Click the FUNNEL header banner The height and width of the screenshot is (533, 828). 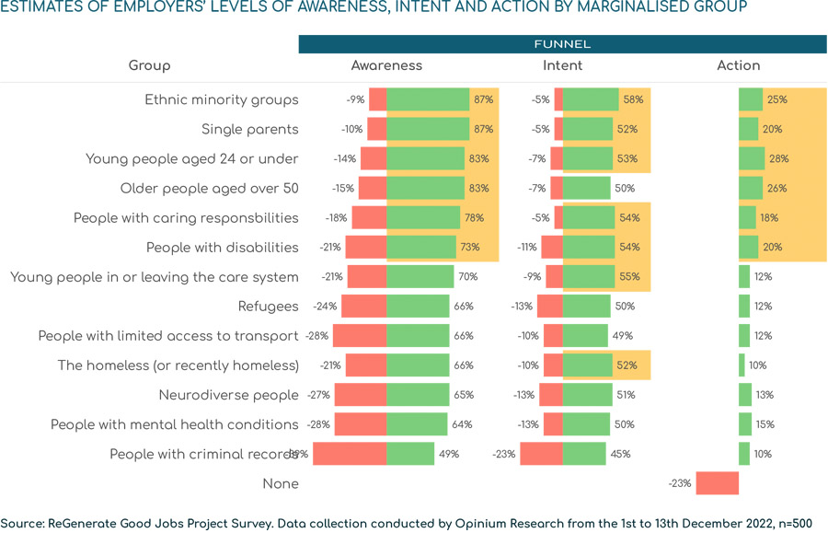tap(562, 44)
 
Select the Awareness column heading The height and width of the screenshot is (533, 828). tap(386, 65)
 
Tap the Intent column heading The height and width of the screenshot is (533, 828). tap(562, 65)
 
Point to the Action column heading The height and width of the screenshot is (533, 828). tap(739, 65)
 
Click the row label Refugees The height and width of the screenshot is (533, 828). tap(269, 307)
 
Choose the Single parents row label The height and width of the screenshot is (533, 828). tap(250, 130)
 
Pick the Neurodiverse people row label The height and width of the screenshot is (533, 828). tap(229, 395)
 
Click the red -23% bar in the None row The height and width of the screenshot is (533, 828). tap(717, 483)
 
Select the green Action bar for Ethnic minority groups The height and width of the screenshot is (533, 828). tap(751, 100)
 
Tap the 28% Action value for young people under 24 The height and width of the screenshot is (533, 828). tap(778, 159)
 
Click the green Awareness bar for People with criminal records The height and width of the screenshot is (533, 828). tap(410, 454)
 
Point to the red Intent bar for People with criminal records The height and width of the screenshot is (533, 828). tap(541, 454)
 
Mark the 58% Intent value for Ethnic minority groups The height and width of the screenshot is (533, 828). tap(633, 100)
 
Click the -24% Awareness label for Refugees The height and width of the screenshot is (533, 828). tap(325, 307)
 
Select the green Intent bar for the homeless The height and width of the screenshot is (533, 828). tap(587, 365)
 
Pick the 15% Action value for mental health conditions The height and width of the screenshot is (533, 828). tap(765, 424)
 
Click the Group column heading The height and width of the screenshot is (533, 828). tap(149, 65)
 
